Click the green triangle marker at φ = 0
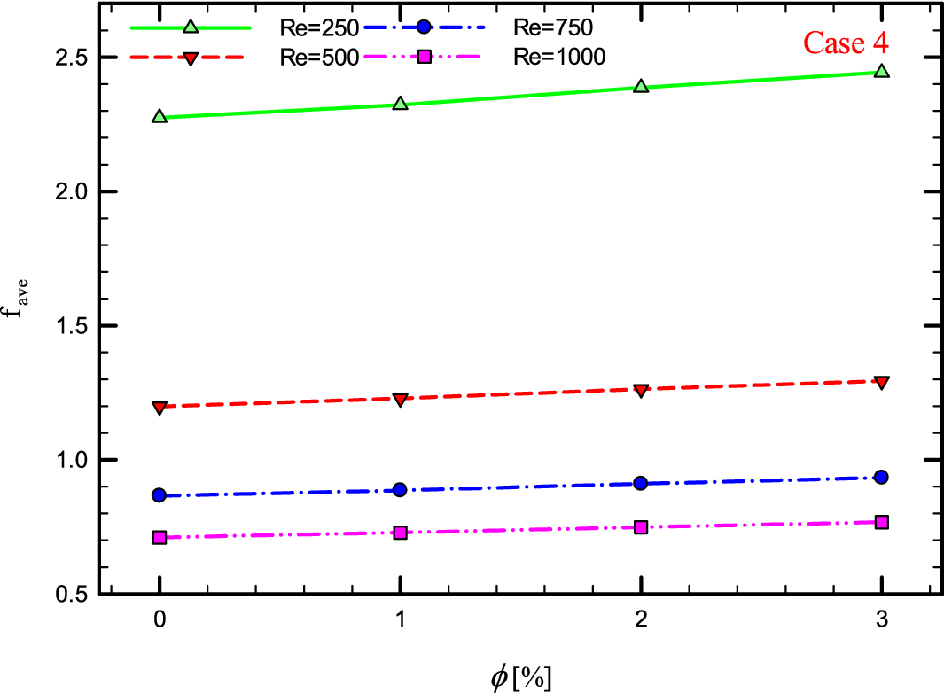pyautogui.click(x=160, y=116)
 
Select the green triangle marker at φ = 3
pyautogui.click(x=881, y=71)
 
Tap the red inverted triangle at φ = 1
pyautogui.click(x=400, y=400)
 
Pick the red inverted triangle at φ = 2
pyautogui.click(x=641, y=390)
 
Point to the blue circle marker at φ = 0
pyautogui.click(x=160, y=495)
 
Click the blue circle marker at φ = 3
pyautogui.click(x=881, y=477)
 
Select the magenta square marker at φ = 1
pyautogui.click(x=400, y=533)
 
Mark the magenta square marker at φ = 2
pyautogui.click(x=641, y=526)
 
